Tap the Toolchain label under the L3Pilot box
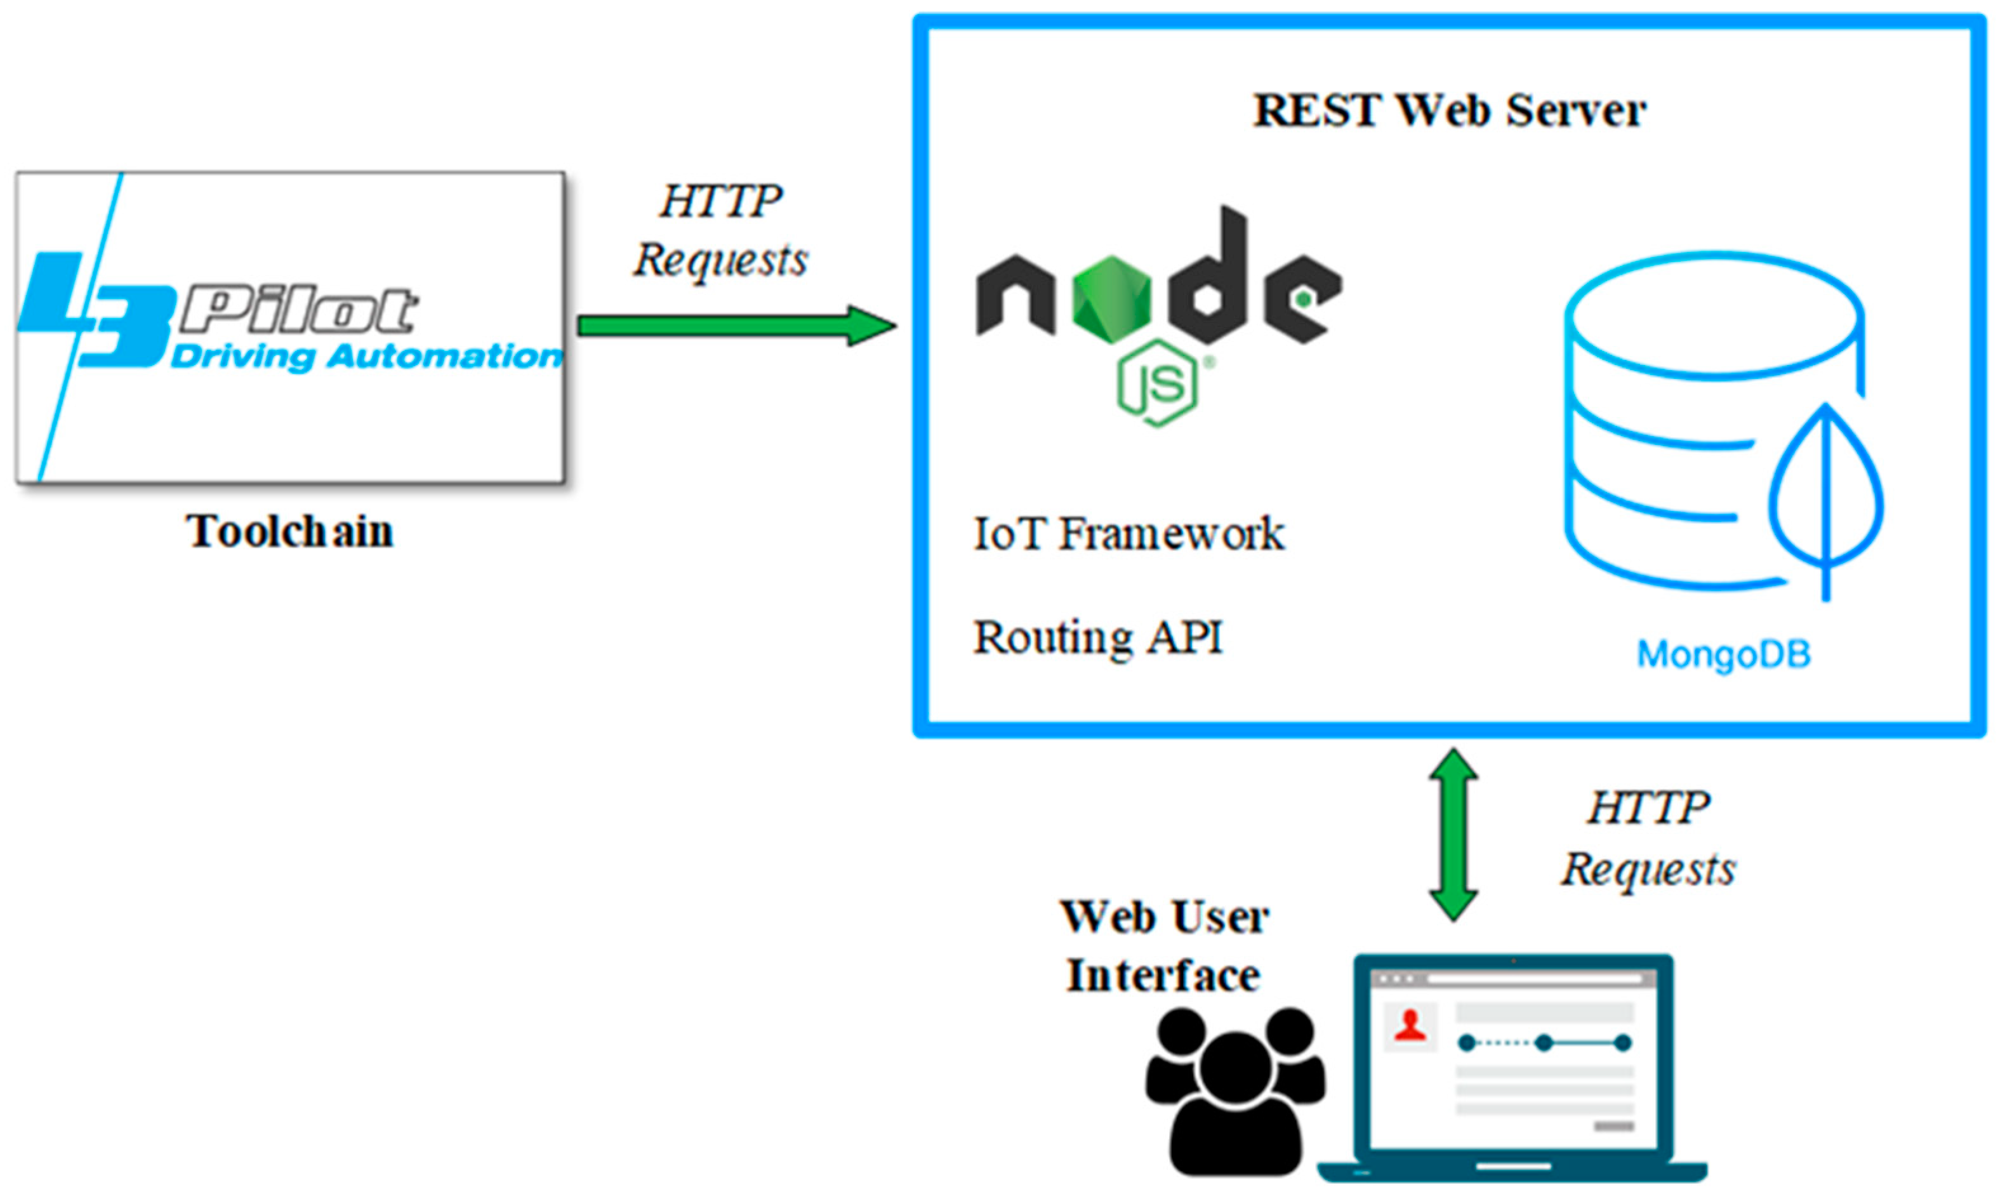pos(290,532)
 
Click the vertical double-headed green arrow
pos(1453,835)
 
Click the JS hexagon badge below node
pos(1158,383)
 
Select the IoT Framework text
pos(1128,534)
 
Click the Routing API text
pos(1097,637)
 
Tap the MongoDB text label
pos(1723,654)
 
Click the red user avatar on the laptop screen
pos(1410,1026)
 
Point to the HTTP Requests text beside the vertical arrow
pos(1648,838)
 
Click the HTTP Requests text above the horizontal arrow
pos(720,230)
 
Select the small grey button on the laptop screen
pos(1613,1126)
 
